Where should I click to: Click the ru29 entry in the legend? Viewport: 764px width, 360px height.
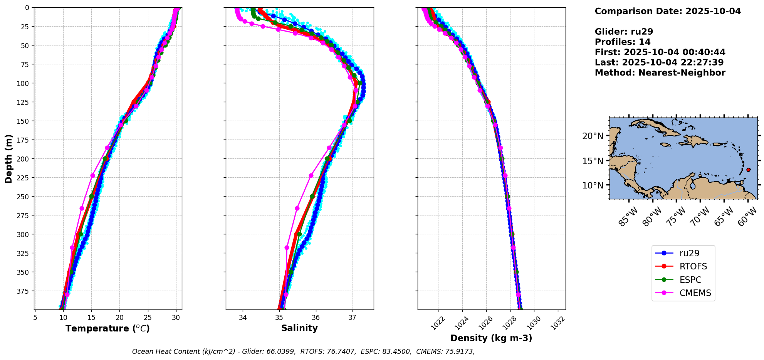[x=683, y=253]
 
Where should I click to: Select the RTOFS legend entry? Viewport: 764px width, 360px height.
[x=683, y=266]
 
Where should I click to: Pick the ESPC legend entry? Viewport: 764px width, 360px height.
[x=683, y=280]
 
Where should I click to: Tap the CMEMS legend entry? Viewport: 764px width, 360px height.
[x=683, y=293]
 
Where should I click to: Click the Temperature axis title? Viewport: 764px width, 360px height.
[x=107, y=328]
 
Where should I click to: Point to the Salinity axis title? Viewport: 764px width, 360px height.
[x=299, y=328]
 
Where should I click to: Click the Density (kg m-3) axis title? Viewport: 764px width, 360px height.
[x=491, y=338]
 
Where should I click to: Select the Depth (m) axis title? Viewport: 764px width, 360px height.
[x=9, y=158]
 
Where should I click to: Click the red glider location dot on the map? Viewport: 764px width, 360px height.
[x=748, y=170]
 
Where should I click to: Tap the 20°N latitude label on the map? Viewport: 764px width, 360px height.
[x=593, y=136]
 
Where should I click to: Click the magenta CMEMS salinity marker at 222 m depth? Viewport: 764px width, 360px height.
[x=311, y=175]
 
